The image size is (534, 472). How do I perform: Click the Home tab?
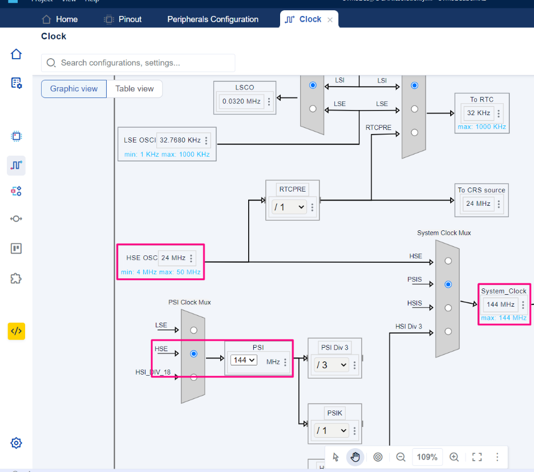tap(59, 19)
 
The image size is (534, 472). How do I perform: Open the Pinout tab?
tap(123, 19)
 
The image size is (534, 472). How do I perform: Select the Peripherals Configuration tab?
tap(213, 19)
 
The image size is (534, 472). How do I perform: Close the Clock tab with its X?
tap(330, 19)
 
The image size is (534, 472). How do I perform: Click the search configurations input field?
tap(138, 63)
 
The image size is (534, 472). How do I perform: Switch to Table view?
tap(135, 89)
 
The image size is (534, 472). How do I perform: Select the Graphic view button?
tap(74, 89)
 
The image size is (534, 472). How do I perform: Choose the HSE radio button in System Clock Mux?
tap(448, 261)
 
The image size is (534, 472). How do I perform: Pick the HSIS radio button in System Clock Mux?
tap(448, 308)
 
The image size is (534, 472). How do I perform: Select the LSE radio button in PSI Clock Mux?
tap(193, 330)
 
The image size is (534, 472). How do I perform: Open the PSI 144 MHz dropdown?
tap(244, 360)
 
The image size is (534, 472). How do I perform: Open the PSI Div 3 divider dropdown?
tap(331, 365)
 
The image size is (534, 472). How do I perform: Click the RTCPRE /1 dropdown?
tap(289, 207)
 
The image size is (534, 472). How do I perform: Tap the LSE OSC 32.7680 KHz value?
tap(180, 140)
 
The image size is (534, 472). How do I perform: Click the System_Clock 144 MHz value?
tap(500, 304)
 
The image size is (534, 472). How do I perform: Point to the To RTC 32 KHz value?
tap(478, 113)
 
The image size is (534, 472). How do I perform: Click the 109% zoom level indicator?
tap(427, 457)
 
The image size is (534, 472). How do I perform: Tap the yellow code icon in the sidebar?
tap(16, 331)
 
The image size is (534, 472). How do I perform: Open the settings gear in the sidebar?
tap(16, 443)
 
